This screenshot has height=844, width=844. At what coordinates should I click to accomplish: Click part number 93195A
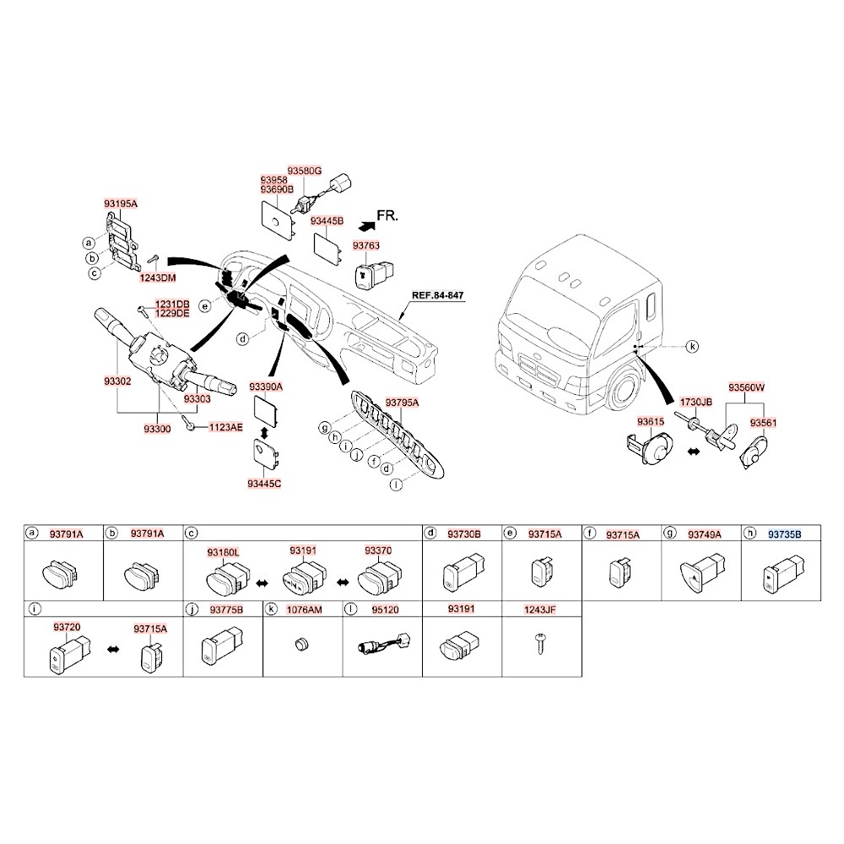click(x=121, y=204)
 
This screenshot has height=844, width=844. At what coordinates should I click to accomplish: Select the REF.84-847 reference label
click(x=438, y=296)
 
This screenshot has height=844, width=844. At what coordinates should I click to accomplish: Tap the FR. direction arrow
click(x=366, y=225)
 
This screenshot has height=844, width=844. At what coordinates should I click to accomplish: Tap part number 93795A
click(x=402, y=403)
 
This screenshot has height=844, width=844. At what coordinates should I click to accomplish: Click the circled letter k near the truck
click(x=692, y=346)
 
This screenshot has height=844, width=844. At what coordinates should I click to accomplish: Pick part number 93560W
click(x=746, y=388)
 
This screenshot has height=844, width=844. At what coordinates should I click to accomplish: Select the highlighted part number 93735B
click(x=784, y=533)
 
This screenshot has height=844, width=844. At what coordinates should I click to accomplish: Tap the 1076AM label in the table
click(x=304, y=609)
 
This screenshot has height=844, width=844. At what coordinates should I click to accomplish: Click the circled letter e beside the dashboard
click(x=204, y=305)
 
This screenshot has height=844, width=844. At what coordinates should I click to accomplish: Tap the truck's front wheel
click(x=625, y=390)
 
